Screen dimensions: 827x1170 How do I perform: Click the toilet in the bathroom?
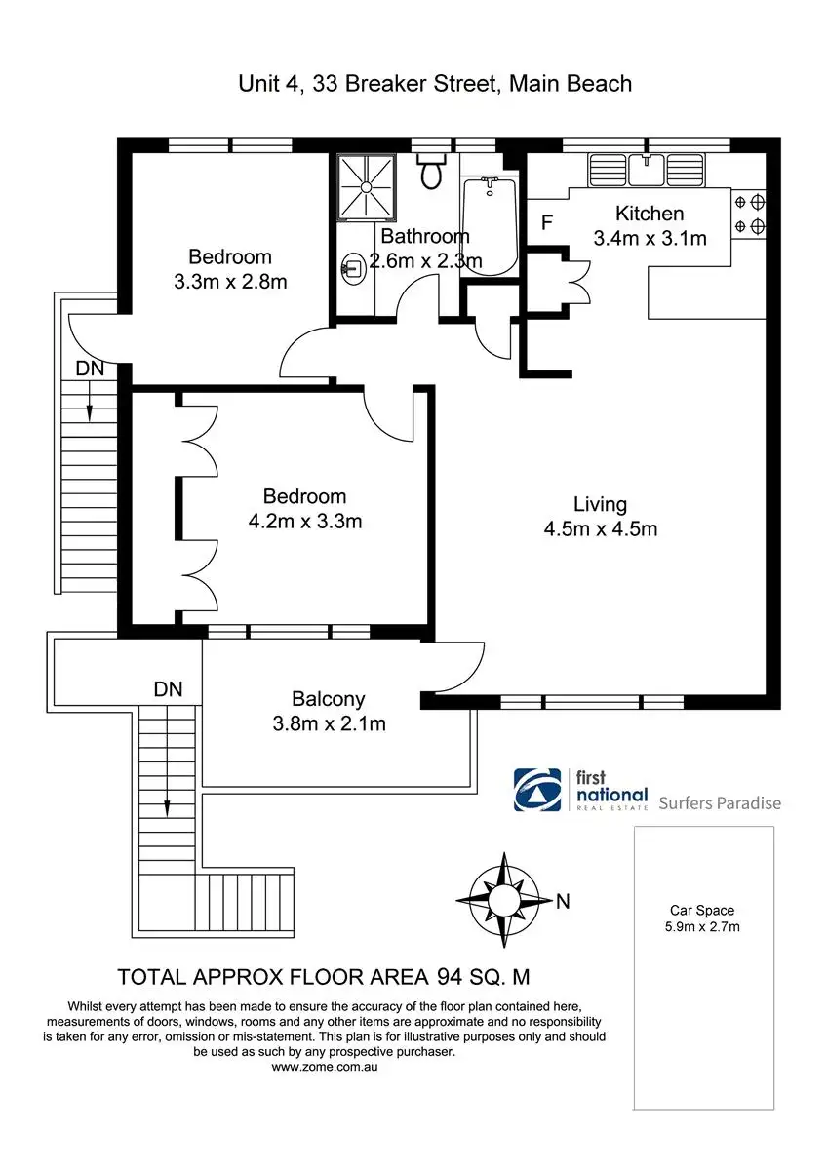tap(430, 173)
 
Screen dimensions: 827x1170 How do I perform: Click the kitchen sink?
tap(647, 170)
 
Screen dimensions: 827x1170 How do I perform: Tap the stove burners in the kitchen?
tap(749, 214)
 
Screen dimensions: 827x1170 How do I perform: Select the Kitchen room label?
tap(649, 214)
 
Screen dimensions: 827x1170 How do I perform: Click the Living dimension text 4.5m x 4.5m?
tap(600, 529)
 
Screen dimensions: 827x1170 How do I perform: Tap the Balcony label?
tap(329, 698)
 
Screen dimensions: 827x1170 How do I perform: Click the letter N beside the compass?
tap(563, 902)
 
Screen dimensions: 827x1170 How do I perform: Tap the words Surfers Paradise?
tap(720, 803)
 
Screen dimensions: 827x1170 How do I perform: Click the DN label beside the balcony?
tap(168, 688)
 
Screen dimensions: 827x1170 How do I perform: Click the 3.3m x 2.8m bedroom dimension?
tap(230, 282)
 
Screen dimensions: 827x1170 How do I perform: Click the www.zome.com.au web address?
tap(325, 1067)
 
